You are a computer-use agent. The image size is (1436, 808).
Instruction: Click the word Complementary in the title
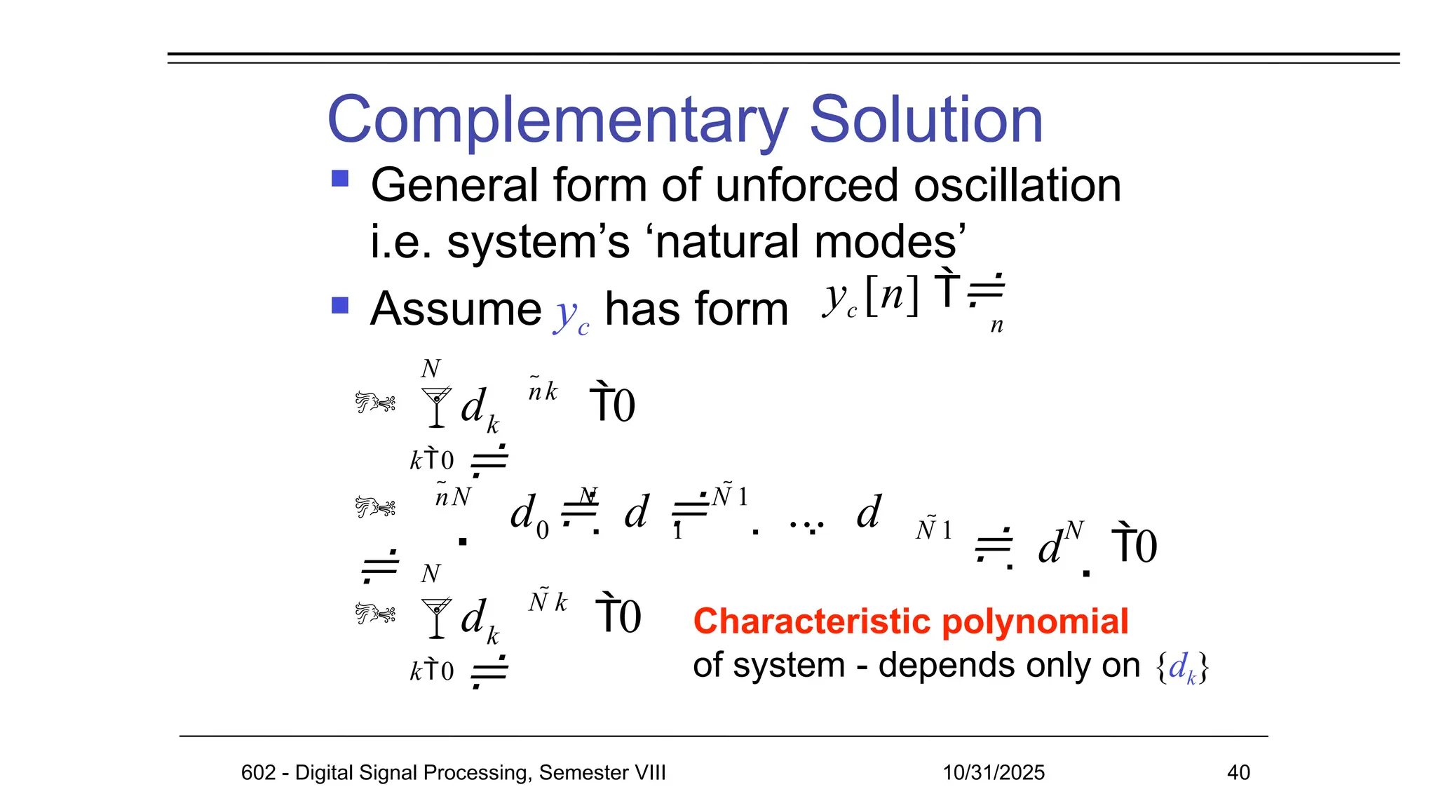pos(557,121)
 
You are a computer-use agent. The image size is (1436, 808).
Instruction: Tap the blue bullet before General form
pos(340,179)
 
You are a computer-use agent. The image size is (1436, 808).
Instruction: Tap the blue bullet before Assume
pos(340,305)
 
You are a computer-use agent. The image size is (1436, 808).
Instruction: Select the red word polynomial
pos(1034,621)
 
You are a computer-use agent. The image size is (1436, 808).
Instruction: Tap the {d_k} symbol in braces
pos(1182,667)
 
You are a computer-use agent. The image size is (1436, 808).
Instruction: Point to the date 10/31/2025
pos(993,772)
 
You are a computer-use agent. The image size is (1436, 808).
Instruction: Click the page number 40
pos(1238,772)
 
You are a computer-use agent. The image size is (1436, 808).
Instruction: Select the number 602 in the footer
pos(258,772)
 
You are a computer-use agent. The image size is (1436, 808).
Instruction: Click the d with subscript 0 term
pos(528,516)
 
